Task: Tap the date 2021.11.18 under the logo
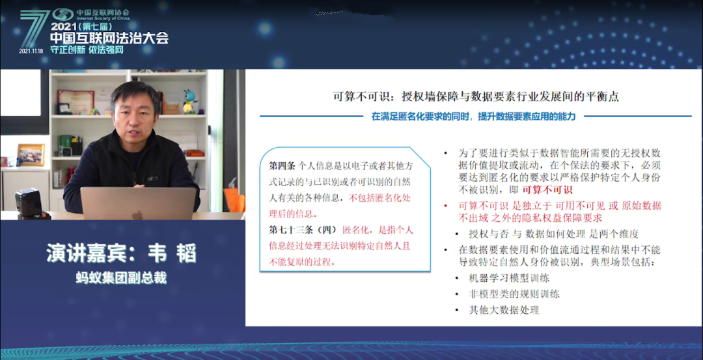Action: (x=31, y=51)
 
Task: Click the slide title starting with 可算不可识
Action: (x=476, y=97)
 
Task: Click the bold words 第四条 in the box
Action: (x=282, y=166)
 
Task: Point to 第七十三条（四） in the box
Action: (x=303, y=230)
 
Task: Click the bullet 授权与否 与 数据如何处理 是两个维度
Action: (x=554, y=234)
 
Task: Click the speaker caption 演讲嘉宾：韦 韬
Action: (x=122, y=253)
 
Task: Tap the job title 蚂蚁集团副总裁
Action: (x=122, y=279)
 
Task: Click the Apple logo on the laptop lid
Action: (x=137, y=215)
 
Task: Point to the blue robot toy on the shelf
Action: (x=190, y=102)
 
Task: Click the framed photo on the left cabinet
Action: (x=31, y=155)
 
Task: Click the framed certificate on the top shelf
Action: (x=76, y=102)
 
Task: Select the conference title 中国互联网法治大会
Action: (x=109, y=38)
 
